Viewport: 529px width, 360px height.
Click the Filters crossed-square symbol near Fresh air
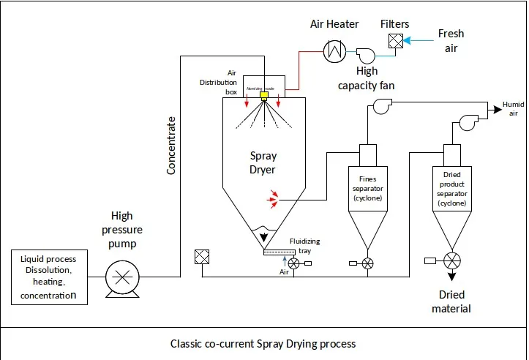(394, 42)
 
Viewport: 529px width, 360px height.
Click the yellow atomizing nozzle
(263, 94)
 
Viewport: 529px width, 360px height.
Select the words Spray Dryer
(263, 163)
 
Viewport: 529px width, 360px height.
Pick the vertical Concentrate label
(172, 145)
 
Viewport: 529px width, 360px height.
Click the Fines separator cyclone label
(368, 188)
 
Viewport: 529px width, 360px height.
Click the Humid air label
(513, 109)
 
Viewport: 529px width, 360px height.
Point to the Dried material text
(451, 301)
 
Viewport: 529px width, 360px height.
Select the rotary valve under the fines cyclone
(368, 263)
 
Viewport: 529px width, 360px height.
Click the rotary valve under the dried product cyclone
(451, 260)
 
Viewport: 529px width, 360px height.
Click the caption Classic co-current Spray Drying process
(263, 343)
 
